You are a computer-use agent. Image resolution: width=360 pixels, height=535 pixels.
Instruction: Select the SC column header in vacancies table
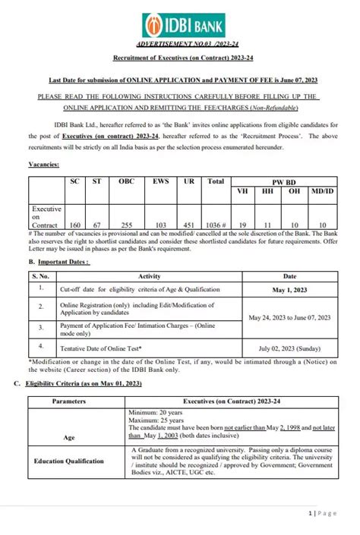coord(74,182)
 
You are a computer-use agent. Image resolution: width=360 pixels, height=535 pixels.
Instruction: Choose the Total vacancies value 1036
coord(216,225)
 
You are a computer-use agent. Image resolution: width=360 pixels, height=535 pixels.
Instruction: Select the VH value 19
coord(242,225)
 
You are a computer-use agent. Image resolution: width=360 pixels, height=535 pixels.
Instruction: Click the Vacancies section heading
coord(44,164)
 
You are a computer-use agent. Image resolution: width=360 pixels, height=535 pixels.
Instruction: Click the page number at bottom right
coord(322,513)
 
